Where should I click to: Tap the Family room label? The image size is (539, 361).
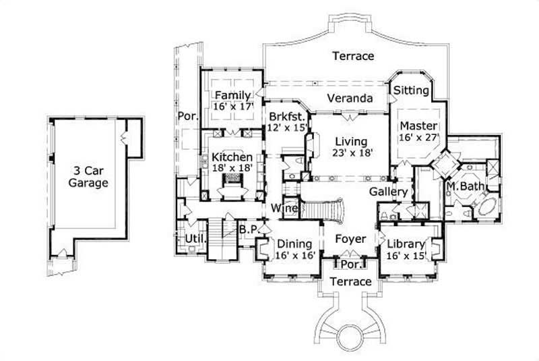[232, 95]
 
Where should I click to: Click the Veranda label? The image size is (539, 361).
[350, 99]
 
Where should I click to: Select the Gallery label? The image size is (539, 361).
[388, 192]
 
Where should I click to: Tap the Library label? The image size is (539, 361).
[405, 244]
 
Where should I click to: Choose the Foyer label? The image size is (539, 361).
[350, 240]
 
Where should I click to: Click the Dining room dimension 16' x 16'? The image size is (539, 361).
[294, 256]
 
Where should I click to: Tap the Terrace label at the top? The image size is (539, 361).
[352, 56]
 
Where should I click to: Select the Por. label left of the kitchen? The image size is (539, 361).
[187, 116]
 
